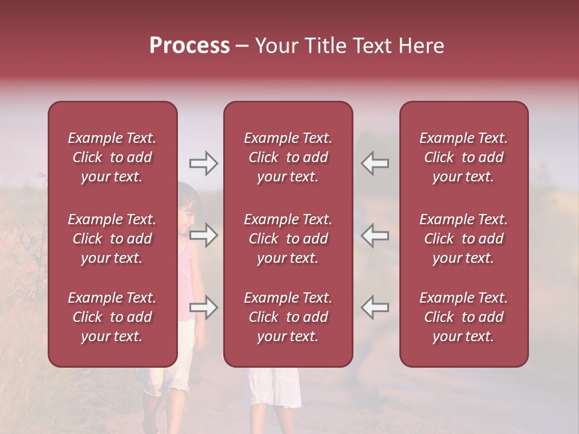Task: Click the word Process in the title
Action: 189,46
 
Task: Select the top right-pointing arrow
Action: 203,163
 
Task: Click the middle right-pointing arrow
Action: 203,235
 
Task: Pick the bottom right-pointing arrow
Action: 203,307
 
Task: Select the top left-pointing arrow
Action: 375,163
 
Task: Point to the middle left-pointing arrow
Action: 375,235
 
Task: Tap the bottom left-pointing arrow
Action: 375,307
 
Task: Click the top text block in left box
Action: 112,157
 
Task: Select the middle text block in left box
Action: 112,239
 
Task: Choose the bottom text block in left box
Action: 112,317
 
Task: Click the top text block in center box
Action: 288,157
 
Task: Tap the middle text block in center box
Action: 288,239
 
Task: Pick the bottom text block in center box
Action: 288,317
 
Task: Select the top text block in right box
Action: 464,157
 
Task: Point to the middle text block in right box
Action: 464,239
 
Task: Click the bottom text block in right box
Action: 464,317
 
